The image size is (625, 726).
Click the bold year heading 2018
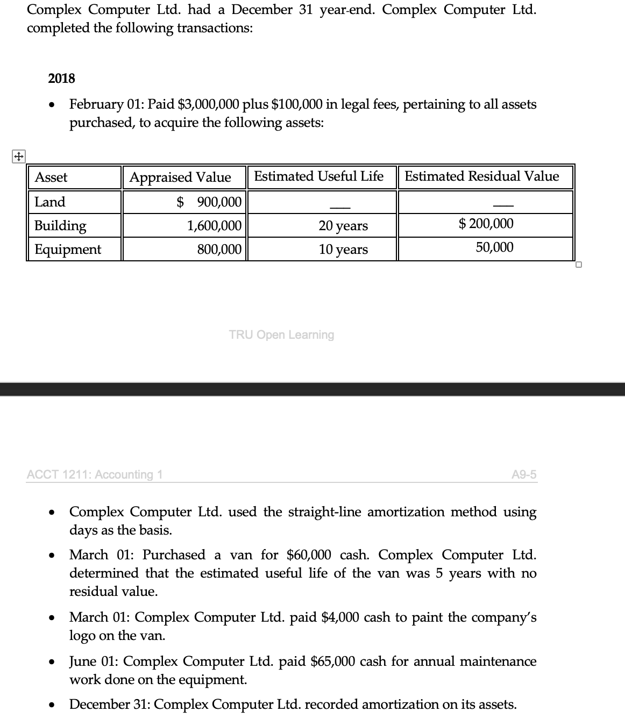(x=61, y=79)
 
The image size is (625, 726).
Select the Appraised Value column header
(x=180, y=177)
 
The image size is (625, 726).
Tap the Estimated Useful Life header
(x=318, y=176)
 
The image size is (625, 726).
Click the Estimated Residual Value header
(x=481, y=176)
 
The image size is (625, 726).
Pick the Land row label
(x=50, y=202)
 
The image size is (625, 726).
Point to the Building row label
(x=60, y=225)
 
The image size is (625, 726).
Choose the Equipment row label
(x=68, y=250)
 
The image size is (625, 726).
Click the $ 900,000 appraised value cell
(x=210, y=202)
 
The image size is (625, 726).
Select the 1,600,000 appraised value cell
(x=214, y=226)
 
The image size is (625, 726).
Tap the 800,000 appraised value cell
(x=219, y=249)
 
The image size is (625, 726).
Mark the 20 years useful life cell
(x=343, y=226)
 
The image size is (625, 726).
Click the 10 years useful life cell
(x=343, y=250)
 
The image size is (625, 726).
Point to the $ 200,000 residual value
(x=486, y=224)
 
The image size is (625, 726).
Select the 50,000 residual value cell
(x=494, y=247)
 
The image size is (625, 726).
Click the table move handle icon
(x=18, y=156)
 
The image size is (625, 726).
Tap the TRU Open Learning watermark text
(x=281, y=335)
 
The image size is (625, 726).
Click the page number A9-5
(x=524, y=474)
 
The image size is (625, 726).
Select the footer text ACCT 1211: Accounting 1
(x=95, y=474)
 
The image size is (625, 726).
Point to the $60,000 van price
(x=309, y=555)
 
